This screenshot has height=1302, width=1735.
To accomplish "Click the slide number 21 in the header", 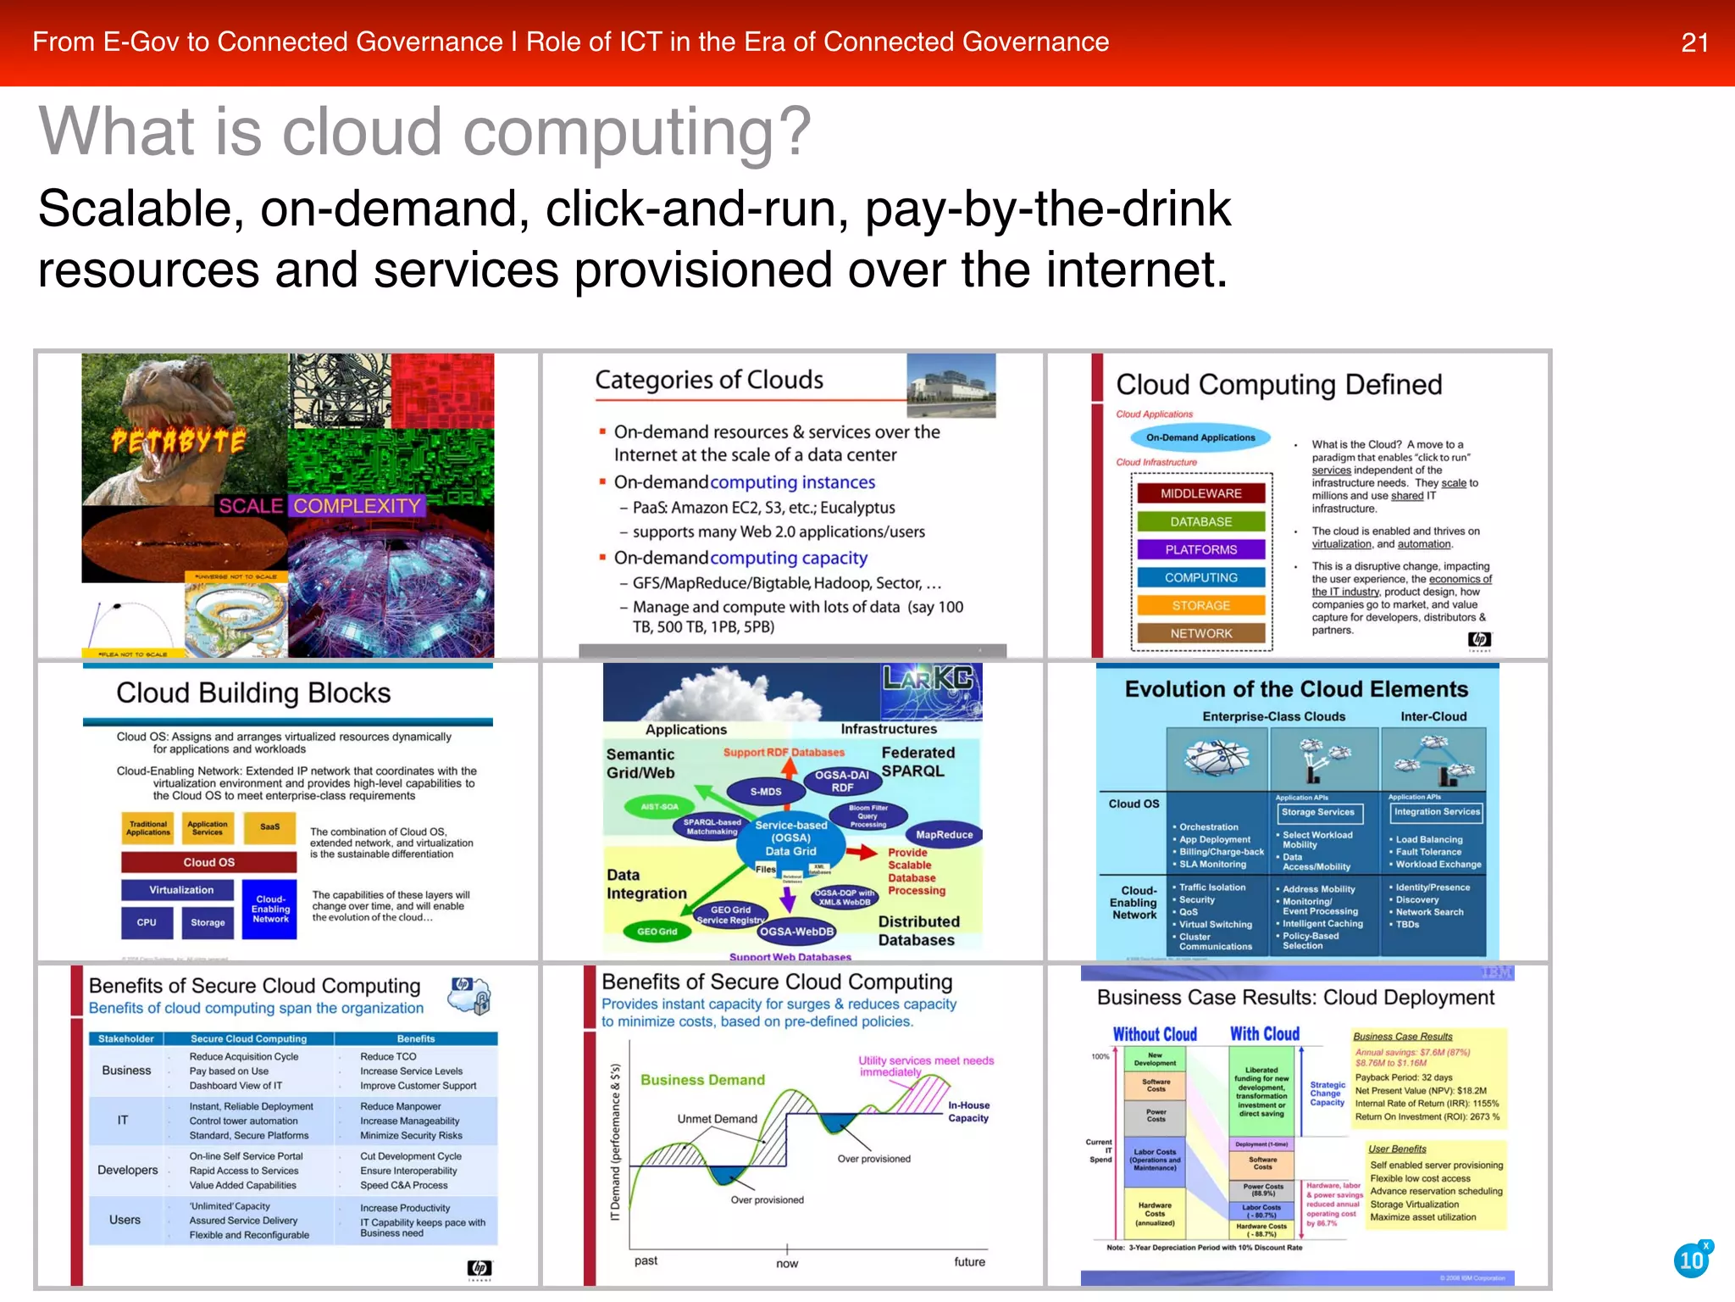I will (x=1694, y=42).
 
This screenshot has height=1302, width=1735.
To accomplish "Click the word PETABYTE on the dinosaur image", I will (x=179, y=442).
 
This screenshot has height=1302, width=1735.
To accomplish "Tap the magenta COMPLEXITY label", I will (x=357, y=506).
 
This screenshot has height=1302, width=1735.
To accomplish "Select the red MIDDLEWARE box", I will (x=1200, y=493).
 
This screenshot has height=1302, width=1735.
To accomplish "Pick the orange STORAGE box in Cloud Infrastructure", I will (x=1200, y=605).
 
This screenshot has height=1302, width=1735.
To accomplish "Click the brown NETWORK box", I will (x=1200, y=633).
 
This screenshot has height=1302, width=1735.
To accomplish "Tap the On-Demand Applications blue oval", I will (x=1200, y=437).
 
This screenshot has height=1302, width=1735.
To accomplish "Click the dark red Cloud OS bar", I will (x=208, y=862).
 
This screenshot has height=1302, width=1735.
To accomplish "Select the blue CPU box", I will (x=147, y=922).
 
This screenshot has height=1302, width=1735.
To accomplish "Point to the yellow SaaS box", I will (x=269, y=826).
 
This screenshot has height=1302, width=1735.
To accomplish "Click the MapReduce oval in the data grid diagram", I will (x=944, y=835).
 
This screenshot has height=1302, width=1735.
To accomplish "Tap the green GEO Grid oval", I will (x=657, y=932).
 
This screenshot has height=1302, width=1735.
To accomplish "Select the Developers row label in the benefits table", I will (x=127, y=1170).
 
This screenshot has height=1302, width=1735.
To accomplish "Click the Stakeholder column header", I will (x=125, y=1038).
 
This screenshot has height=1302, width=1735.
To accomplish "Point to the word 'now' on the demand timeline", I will (x=787, y=1264).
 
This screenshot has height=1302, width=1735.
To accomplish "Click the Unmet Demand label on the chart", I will (x=717, y=1119).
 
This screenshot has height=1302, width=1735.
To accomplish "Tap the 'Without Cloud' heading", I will (x=1154, y=1034).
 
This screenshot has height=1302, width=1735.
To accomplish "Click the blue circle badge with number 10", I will (x=1692, y=1260).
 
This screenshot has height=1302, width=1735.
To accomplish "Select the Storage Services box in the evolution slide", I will (x=1317, y=812).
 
